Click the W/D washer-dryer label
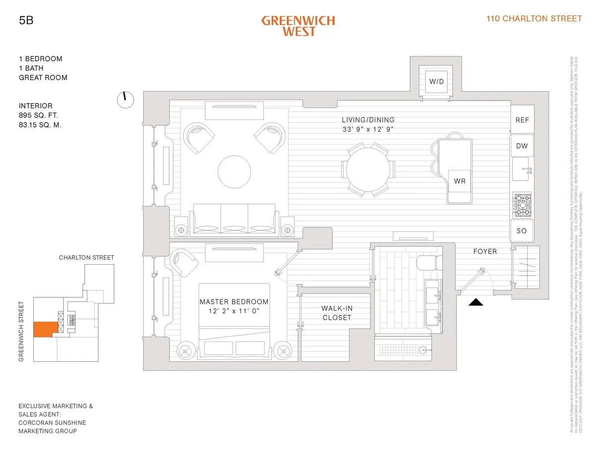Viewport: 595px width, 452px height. point(436,81)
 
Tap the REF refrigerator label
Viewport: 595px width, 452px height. point(522,120)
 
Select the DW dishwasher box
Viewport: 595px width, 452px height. point(522,146)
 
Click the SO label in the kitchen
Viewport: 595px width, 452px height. point(522,231)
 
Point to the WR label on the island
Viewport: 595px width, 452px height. point(460,181)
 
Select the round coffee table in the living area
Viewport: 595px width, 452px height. point(235,171)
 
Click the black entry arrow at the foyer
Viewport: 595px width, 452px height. point(476,302)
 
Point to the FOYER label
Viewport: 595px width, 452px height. point(484,252)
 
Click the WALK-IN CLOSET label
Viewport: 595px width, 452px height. point(337,313)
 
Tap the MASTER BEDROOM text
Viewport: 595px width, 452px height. point(234,302)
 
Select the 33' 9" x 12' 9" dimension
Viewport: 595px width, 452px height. point(368,129)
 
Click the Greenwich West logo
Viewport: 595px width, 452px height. point(298,26)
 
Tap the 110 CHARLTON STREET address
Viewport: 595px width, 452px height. point(534,19)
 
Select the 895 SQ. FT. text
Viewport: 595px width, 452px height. point(42,115)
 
